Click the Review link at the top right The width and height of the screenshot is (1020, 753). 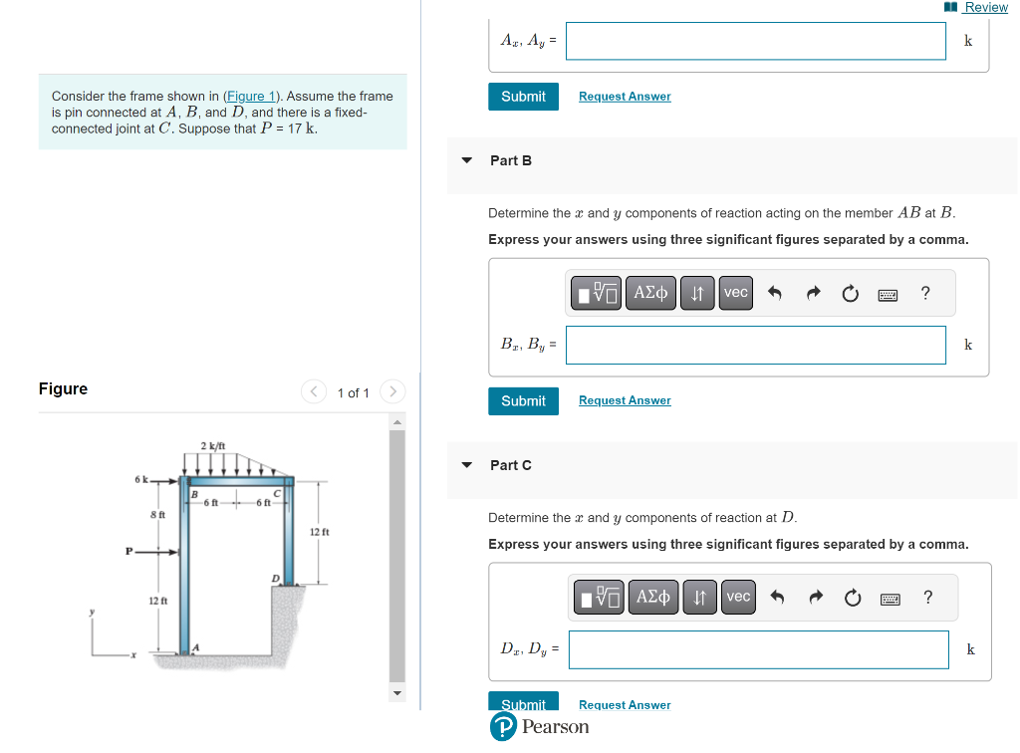(x=985, y=7)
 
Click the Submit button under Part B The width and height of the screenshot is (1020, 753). (x=523, y=400)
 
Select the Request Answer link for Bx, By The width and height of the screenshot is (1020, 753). (x=625, y=400)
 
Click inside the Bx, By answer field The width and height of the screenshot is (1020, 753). (x=755, y=345)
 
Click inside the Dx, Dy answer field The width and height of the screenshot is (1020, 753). (x=758, y=649)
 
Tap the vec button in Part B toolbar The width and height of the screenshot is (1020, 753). (x=736, y=293)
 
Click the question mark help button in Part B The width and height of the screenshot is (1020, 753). (x=925, y=293)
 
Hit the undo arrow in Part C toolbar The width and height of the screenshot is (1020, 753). (x=778, y=598)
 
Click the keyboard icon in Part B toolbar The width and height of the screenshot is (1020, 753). (x=888, y=294)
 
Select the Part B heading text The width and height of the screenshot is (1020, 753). (x=511, y=160)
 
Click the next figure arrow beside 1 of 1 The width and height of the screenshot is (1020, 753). (x=392, y=391)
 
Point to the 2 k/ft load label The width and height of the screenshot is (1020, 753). (x=213, y=444)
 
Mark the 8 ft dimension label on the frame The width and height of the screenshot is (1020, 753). (x=157, y=514)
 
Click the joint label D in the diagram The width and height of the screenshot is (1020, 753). (x=275, y=578)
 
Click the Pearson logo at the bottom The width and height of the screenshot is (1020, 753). (x=539, y=727)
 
